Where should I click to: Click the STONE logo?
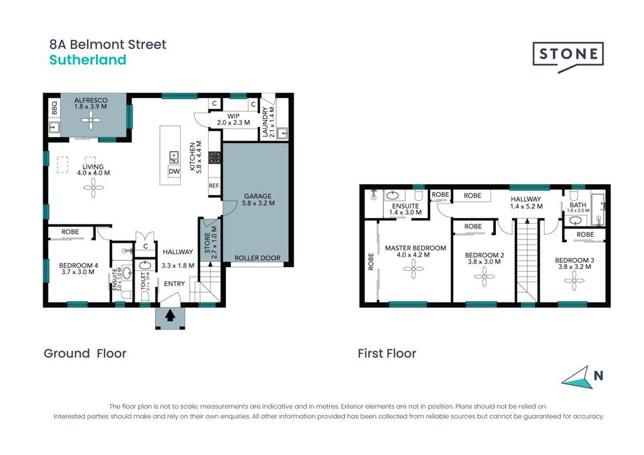(x=567, y=54)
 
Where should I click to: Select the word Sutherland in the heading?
(x=88, y=60)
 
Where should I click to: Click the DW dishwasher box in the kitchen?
(x=174, y=171)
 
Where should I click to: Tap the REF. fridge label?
(x=214, y=185)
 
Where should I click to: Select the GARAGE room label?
(x=258, y=196)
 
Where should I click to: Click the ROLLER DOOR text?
(x=257, y=258)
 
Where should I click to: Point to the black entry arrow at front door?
(x=170, y=315)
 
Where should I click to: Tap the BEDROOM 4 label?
(x=77, y=264)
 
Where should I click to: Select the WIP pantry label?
(x=233, y=115)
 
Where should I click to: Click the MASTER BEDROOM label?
(x=415, y=248)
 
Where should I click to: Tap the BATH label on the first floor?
(x=578, y=204)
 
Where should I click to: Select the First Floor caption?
(x=387, y=353)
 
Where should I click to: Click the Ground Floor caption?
(x=85, y=353)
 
